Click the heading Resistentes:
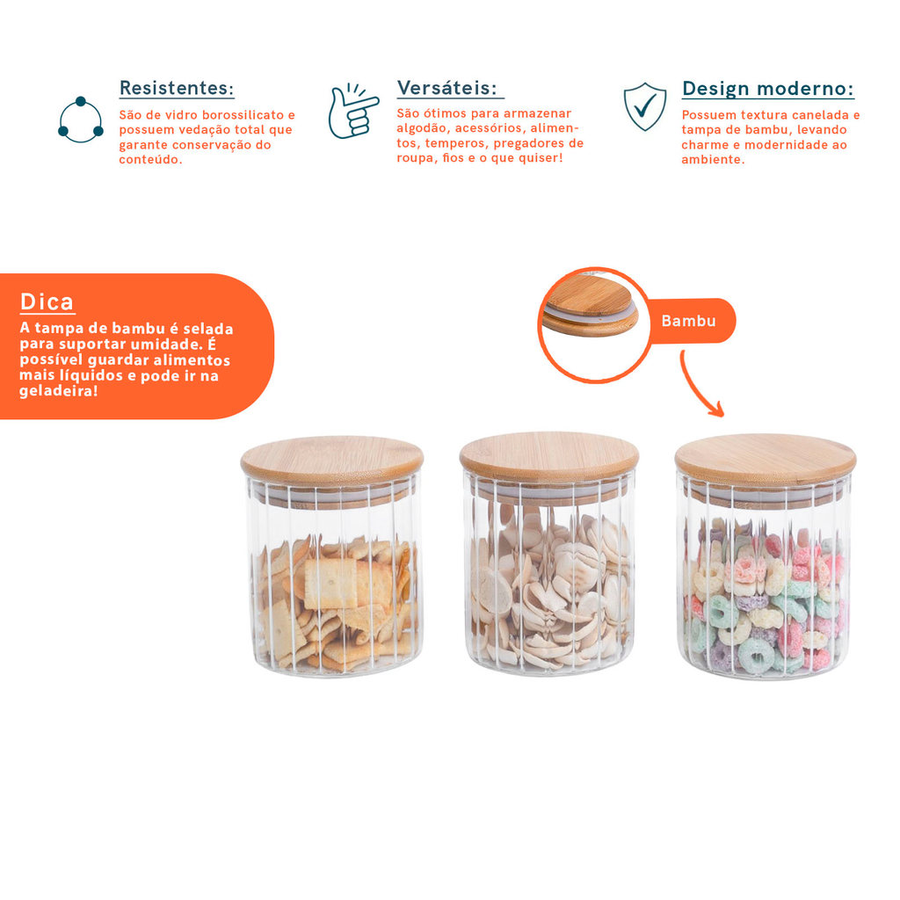click(177, 88)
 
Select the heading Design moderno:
click(768, 89)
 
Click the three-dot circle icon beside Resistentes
click(80, 120)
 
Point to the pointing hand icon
click(352, 111)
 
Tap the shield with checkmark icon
click(645, 106)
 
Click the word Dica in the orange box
click(47, 302)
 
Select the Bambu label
click(688, 321)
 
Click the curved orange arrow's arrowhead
click(716, 410)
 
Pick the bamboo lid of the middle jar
click(549, 457)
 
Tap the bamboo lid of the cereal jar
click(766, 459)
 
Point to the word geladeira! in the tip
click(59, 391)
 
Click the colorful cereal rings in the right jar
click(765, 597)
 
